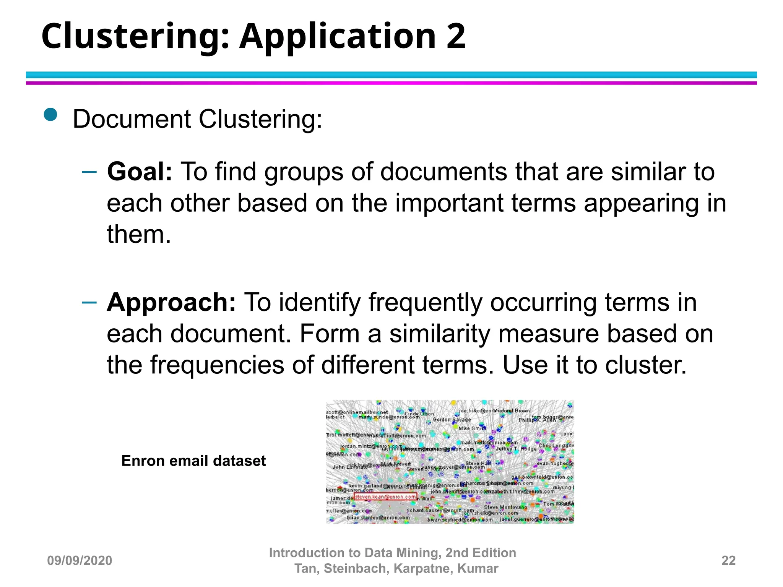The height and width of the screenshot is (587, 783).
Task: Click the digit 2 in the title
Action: tap(455, 36)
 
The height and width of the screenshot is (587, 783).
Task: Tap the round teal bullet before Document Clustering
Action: tap(50, 114)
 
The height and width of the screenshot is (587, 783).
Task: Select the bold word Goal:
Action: tap(140, 172)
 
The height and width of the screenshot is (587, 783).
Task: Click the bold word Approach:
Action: tap(171, 302)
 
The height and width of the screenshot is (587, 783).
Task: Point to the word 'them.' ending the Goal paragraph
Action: tap(139, 234)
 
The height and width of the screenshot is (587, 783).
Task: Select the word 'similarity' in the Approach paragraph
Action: tap(440, 334)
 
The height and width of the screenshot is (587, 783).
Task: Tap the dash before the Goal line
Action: tap(89, 172)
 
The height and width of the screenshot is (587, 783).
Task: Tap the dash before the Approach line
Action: tap(89, 303)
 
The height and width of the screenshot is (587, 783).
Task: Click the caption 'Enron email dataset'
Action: tap(193, 461)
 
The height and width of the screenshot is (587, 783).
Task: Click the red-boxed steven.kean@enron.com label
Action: tap(385, 497)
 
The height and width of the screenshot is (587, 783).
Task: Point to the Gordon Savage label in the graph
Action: tap(451, 420)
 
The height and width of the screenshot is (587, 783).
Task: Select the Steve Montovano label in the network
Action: tap(505, 507)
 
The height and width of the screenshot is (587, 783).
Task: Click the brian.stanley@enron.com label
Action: tap(378, 518)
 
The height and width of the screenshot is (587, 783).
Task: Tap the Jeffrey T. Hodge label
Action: tap(516, 449)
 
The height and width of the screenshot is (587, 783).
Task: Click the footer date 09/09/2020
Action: tap(80, 561)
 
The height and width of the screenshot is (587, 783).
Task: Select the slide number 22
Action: tap(728, 561)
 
